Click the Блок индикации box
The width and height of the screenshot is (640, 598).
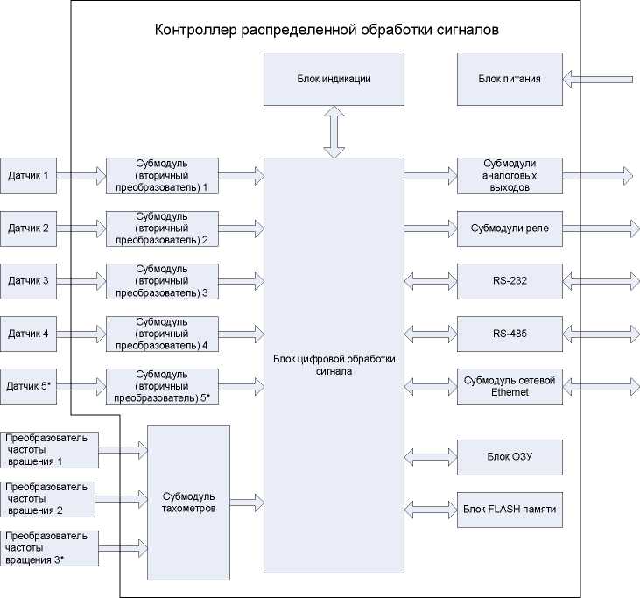[x=334, y=79]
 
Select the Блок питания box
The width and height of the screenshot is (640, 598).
[x=509, y=79]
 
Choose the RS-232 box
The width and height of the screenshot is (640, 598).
[x=509, y=281]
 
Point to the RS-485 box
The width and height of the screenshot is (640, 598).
[x=509, y=334]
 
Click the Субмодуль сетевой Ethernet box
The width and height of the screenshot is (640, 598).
[x=509, y=386]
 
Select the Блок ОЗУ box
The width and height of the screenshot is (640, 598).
[x=509, y=456]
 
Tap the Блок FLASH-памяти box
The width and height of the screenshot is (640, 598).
[x=509, y=509]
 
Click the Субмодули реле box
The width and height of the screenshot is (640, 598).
[x=509, y=229]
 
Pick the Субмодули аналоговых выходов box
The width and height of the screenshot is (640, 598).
[x=509, y=176]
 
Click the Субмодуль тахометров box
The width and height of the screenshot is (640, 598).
[x=188, y=502]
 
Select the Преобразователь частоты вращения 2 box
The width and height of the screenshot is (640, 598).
[x=47, y=497]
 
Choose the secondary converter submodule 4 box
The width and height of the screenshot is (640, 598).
[x=161, y=334]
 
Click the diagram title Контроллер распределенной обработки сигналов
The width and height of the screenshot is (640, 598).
[x=326, y=30]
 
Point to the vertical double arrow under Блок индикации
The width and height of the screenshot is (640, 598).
[x=334, y=132]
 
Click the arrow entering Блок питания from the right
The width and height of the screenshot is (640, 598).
[x=597, y=80]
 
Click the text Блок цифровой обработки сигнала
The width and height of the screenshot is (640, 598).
[x=334, y=364]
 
